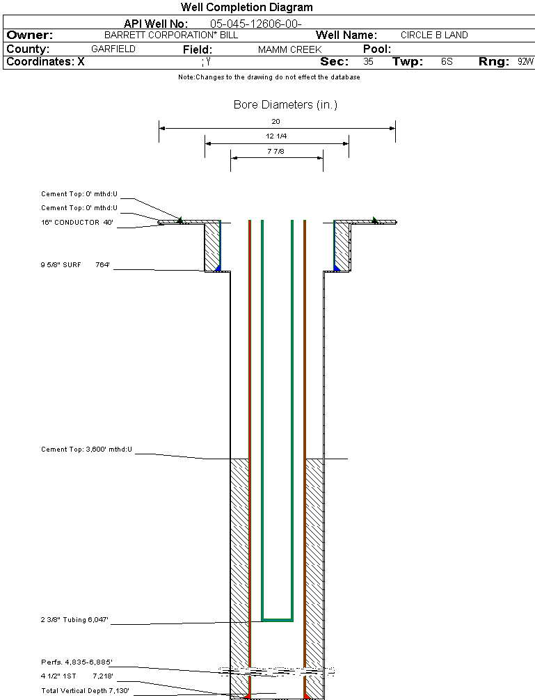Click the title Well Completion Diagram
coord(246,8)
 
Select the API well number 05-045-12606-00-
coord(255,24)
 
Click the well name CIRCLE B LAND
coord(434,35)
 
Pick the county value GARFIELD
coord(113,49)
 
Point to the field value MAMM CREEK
coord(289,49)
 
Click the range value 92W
coord(525,62)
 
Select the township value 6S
coord(447,62)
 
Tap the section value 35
coord(368,62)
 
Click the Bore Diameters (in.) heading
coord(285,105)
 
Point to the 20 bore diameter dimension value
coord(276,121)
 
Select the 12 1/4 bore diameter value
coord(276,136)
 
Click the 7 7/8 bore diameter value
coord(276,151)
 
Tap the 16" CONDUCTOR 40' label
coord(77,223)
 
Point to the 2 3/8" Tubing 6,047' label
coord(75,619)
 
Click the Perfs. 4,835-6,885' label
coord(77,662)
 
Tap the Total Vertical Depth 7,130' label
coord(85,690)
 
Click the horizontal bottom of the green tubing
coord(277,619)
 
